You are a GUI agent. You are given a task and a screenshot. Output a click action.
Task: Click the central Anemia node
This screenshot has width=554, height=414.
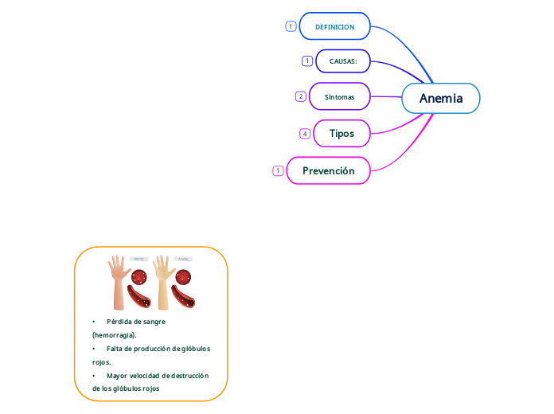441,98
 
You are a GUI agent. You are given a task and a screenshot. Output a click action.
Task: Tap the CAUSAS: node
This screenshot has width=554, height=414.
343,61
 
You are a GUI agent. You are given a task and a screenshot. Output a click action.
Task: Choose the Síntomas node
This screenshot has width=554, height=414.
339,96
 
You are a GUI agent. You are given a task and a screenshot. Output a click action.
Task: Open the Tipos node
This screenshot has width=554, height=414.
341,133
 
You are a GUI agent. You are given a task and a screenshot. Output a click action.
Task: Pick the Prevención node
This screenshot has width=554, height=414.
328,170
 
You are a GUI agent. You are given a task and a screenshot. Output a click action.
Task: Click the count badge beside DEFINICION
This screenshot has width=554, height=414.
291,26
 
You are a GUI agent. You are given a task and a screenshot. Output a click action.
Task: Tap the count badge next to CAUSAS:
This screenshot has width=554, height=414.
307,61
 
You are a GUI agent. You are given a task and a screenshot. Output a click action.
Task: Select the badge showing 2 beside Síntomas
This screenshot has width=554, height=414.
300,96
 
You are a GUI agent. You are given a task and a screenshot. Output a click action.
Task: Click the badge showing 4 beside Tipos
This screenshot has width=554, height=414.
305,134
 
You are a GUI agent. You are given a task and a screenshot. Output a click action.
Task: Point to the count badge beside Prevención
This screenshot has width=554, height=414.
278,170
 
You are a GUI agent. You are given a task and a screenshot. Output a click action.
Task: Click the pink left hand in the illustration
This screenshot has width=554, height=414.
119,281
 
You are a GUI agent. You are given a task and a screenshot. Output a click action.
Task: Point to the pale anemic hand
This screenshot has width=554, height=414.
163,281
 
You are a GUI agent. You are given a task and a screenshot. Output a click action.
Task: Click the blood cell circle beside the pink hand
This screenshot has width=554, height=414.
139,277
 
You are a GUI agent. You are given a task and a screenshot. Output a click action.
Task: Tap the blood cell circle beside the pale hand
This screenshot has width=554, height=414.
183,278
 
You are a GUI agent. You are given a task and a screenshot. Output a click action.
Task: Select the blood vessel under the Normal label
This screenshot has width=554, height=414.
142,297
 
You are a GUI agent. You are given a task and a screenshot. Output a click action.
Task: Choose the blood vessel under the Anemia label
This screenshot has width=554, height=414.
184,297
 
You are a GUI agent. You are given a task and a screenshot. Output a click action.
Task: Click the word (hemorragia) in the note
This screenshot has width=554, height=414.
115,335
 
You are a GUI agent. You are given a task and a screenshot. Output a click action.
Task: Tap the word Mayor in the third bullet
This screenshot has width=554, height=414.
117,375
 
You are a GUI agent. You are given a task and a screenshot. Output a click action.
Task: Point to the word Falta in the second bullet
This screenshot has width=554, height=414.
115,349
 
